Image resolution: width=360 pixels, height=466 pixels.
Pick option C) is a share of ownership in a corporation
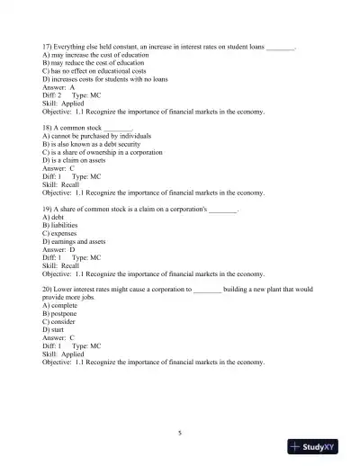(103, 152)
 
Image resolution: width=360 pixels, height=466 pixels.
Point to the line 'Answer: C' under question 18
(59, 168)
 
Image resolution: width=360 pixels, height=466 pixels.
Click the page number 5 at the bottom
(180, 433)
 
